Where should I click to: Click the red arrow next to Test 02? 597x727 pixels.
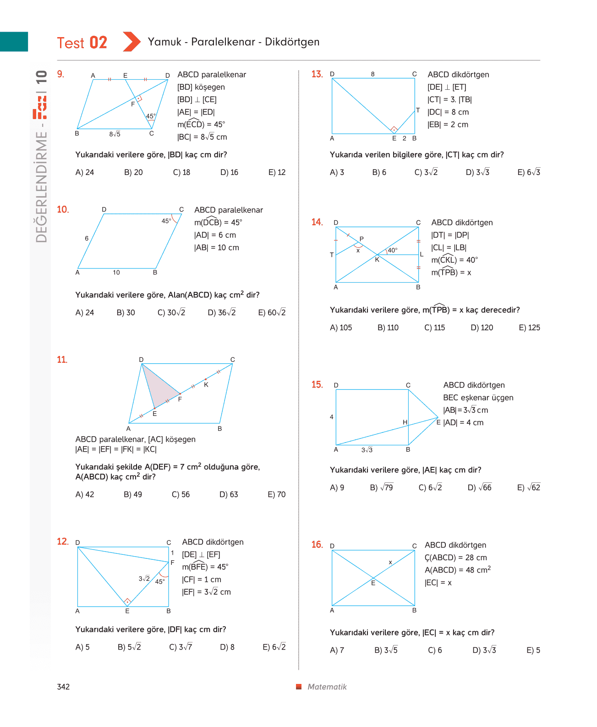tap(131, 42)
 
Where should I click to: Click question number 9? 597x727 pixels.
tap(60, 74)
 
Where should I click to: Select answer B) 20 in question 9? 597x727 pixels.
tap(133, 172)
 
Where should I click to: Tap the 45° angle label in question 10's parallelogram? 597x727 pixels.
tap(166, 221)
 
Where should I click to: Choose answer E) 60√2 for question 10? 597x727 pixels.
tap(272, 312)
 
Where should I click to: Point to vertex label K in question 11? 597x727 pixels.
tap(206, 385)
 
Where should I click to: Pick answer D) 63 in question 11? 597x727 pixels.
tap(229, 494)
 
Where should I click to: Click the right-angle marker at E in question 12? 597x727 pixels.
tap(127, 601)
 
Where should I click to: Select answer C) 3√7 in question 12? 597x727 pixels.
tap(181, 647)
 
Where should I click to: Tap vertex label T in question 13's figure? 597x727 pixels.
tap(418, 110)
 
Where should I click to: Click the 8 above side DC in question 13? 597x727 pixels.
tap(372, 74)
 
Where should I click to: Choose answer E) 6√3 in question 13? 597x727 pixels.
tap(529, 172)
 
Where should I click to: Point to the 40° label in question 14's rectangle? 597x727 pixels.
tap(393, 250)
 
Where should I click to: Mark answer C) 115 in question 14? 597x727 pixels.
tap(435, 328)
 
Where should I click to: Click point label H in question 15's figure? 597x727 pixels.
tap(405, 422)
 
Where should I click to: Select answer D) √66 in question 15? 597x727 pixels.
tap(479, 487)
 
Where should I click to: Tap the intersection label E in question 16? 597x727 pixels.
tap(373, 583)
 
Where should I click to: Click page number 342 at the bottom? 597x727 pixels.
tap(63, 687)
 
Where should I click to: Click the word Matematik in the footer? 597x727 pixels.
tap(327, 687)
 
